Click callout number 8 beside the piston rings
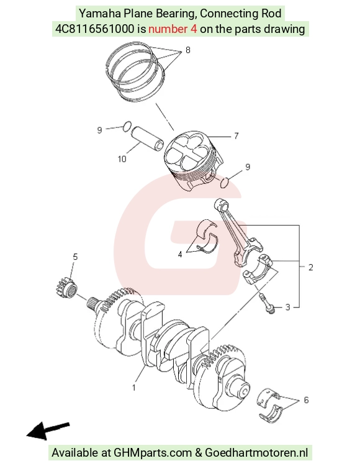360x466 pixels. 187,50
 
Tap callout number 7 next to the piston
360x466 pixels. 236,136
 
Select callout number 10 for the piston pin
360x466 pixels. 122,159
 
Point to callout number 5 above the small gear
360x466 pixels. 75,257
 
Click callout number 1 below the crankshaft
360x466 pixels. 134,388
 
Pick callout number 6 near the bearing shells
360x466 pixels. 306,400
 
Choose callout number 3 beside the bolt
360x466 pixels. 287,307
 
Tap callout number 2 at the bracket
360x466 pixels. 311,267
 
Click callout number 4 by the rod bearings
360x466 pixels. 180,254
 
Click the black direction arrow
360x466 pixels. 48,431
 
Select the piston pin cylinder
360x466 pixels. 148,138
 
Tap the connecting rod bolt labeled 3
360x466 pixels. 267,303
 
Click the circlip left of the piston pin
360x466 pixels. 127,126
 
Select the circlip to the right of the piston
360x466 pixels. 225,183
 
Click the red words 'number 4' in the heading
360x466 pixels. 173,29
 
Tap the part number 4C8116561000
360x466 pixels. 95,29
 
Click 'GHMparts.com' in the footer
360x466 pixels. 153,452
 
